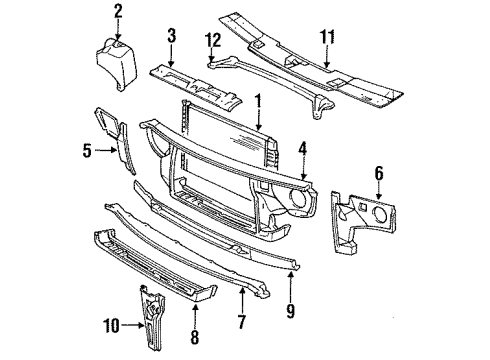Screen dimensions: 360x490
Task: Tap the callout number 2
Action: (118, 11)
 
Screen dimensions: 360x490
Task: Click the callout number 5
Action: (87, 152)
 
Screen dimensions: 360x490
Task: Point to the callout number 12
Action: (210, 40)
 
